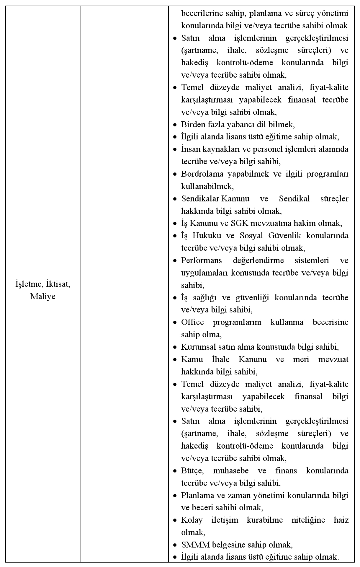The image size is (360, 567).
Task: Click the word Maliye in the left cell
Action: click(43, 296)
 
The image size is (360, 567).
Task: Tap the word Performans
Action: click(202, 260)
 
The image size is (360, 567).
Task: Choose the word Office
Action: click(192, 322)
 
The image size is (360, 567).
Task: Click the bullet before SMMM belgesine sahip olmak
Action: click(175, 545)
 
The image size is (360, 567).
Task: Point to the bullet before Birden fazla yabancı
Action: click(175, 125)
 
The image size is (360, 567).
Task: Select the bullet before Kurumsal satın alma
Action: click(175, 347)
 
